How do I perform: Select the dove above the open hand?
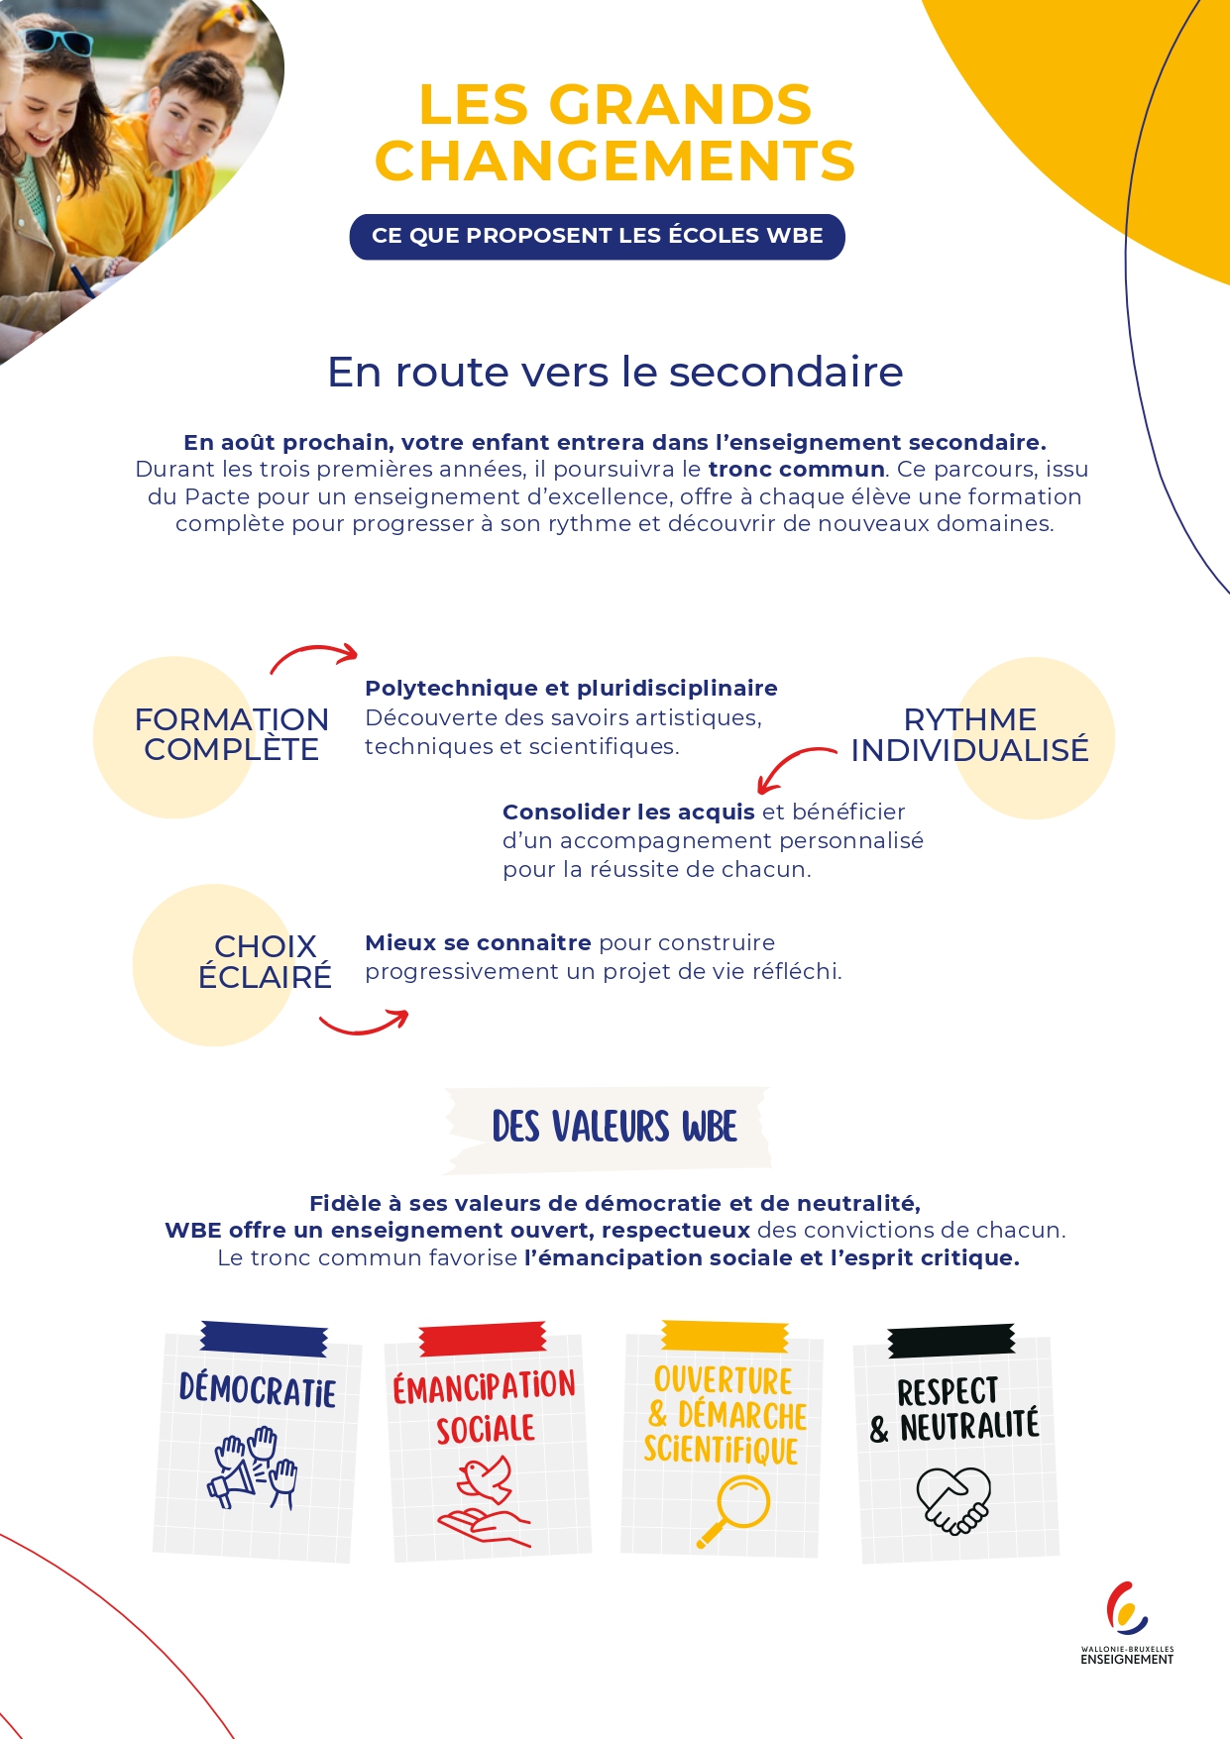[x=486, y=1477]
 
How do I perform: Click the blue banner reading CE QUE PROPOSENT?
[x=597, y=237]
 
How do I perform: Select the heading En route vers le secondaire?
[x=615, y=373]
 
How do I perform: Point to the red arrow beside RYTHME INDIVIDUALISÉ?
[x=795, y=767]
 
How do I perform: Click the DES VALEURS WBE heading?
[x=615, y=1128]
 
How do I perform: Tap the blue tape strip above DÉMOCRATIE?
[x=264, y=1339]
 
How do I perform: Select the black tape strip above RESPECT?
[x=951, y=1340]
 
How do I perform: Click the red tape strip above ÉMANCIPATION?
[x=483, y=1338]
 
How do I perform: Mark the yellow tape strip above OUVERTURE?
[x=725, y=1336]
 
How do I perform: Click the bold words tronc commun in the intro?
[x=796, y=470]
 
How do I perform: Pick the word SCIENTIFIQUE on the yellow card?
[x=721, y=1451]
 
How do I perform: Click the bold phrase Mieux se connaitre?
[x=478, y=943]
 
